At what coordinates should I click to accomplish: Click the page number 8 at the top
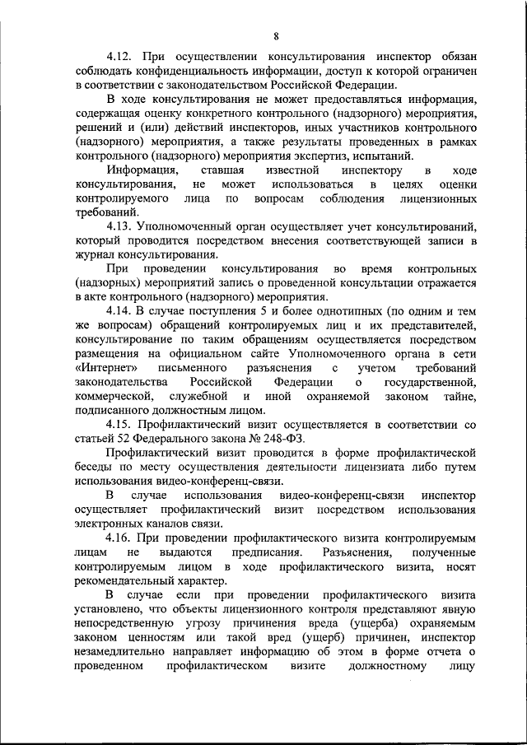click(276, 35)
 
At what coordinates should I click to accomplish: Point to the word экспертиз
click(349, 156)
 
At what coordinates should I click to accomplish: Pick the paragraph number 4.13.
click(120, 226)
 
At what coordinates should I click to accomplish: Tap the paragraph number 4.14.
click(120, 310)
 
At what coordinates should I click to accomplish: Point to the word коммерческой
click(111, 396)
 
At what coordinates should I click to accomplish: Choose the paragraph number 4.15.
click(120, 424)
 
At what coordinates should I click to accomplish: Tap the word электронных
click(111, 523)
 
